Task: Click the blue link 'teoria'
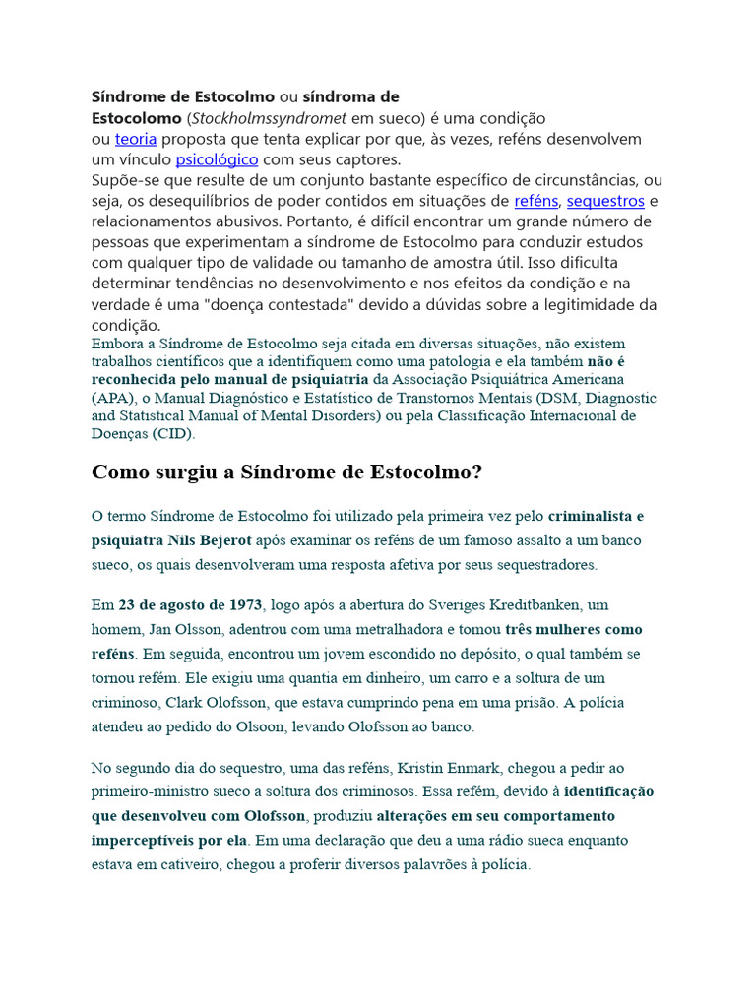pos(135,139)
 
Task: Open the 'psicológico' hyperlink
pos(217,159)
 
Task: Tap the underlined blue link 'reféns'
pos(536,201)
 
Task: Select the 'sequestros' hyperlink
pos(605,201)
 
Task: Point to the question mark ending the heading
pos(477,472)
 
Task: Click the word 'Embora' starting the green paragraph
pos(115,344)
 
